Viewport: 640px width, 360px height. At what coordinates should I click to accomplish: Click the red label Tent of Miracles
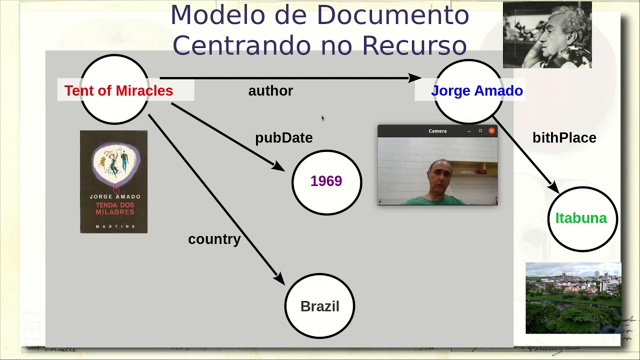[118, 90]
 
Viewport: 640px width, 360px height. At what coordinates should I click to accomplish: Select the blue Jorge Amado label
[477, 90]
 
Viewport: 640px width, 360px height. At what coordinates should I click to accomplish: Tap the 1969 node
[327, 182]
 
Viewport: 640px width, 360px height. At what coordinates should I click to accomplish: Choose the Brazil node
[319, 305]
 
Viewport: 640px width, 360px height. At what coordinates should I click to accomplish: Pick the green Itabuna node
[582, 219]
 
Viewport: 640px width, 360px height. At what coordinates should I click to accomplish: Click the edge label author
[270, 91]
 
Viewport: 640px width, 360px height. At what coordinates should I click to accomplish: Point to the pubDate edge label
[283, 138]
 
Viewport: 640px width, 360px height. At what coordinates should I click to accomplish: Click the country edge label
[214, 239]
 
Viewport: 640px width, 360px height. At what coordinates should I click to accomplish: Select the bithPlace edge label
[564, 137]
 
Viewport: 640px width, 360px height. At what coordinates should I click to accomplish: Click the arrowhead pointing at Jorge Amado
[415, 77]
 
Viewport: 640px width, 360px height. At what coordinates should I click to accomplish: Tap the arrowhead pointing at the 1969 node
[278, 166]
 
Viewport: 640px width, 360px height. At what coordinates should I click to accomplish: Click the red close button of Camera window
[491, 130]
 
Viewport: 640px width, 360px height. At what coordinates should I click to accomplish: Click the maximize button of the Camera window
[480, 130]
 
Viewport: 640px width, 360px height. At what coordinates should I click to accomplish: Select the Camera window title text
[437, 131]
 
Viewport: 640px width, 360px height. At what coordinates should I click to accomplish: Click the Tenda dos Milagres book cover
[113, 181]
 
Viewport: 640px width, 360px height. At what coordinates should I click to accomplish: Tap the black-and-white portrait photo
[547, 35]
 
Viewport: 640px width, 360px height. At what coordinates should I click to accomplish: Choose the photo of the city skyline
[573, 298]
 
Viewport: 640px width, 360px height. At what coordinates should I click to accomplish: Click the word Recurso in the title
[414, 45]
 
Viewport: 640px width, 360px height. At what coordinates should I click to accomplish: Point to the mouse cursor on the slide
[323, 118]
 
